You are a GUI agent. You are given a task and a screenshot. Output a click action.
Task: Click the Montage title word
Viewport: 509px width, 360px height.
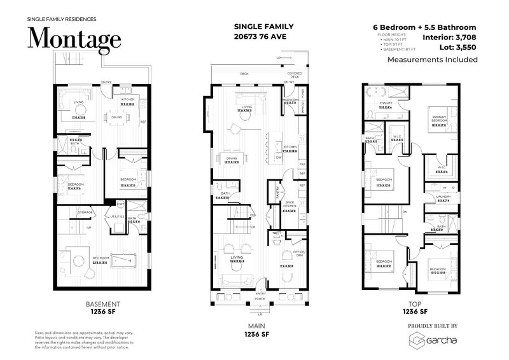coord(74,39)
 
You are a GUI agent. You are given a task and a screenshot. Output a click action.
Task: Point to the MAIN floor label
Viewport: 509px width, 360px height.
coord(258,328)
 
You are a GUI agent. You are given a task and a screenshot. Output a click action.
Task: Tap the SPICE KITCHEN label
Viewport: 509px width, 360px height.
coord(291,204)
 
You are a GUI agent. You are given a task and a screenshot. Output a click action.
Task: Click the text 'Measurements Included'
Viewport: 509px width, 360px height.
coord(432,60)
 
